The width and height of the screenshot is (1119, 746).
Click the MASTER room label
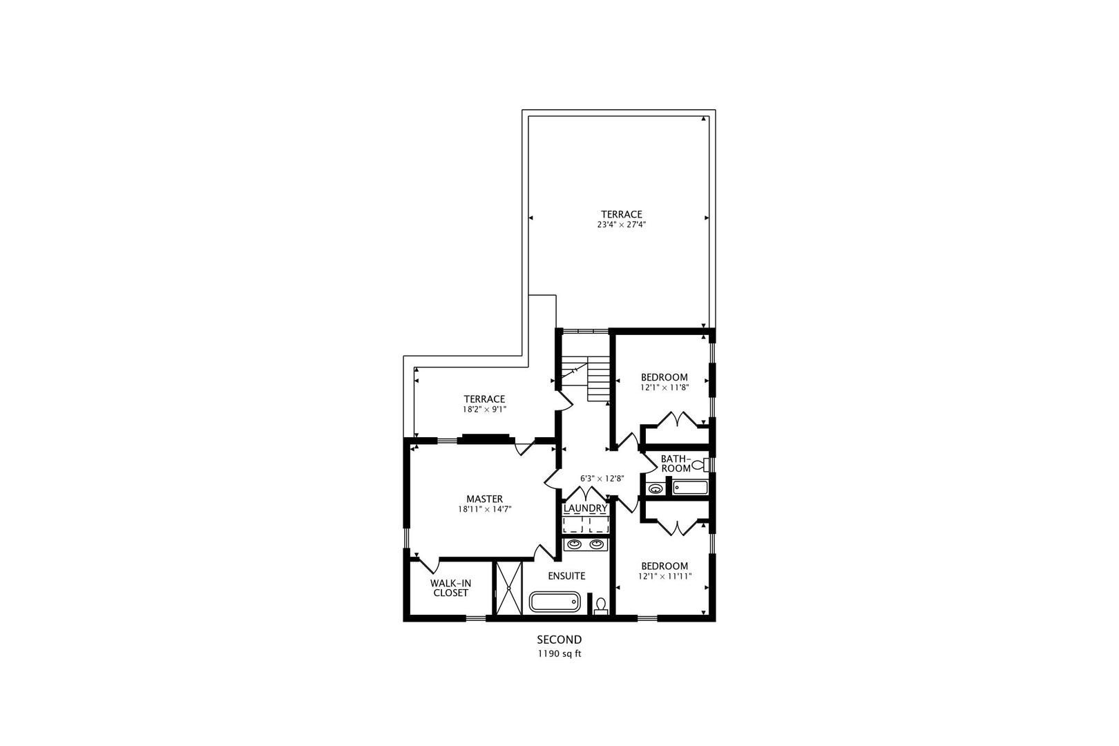(x=484, y=499)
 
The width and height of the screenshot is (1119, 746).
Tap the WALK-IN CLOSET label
(x=450, y=588)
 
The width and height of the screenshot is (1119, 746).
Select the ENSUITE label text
(x=566, y=575)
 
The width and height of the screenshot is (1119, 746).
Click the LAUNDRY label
(x=585, y=508)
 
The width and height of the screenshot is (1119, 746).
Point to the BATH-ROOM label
(x=675, y=463)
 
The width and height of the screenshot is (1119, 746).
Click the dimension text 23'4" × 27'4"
(x=621, y=224)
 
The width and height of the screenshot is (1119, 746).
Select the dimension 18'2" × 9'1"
(x=484, y=409)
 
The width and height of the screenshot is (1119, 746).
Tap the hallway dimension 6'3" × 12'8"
(x=602, y=478)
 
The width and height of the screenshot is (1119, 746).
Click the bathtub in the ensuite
(x=555, y=602)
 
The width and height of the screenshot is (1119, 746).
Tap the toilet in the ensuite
(x=600, y=606)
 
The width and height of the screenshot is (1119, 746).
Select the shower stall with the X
(x=508, y=588)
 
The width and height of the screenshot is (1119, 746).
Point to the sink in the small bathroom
(x=655, y=489)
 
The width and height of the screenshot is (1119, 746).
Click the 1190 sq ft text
(x=559, y=653)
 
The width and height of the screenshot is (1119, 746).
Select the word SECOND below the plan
(x=559, y=640)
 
